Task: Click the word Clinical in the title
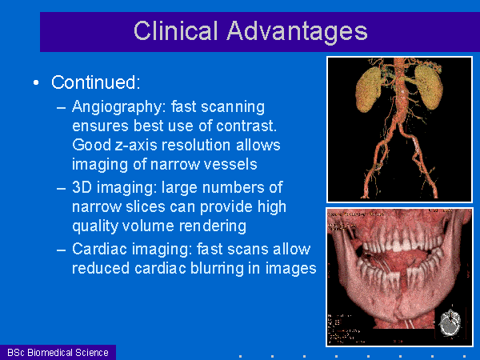[176, 30]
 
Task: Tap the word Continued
[95, 82]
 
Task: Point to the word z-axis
[137, 145]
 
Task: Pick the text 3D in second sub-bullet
[82, 187]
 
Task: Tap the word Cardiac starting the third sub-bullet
[100, 249]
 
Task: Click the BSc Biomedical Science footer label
[58, 353]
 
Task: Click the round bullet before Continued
[36, 82]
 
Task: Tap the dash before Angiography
[62, 108]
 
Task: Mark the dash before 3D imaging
[62, 188]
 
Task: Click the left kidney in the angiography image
[369, 89]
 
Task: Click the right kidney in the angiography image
[429, 86]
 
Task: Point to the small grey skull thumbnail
[450, 322]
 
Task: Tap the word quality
[95, 226]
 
